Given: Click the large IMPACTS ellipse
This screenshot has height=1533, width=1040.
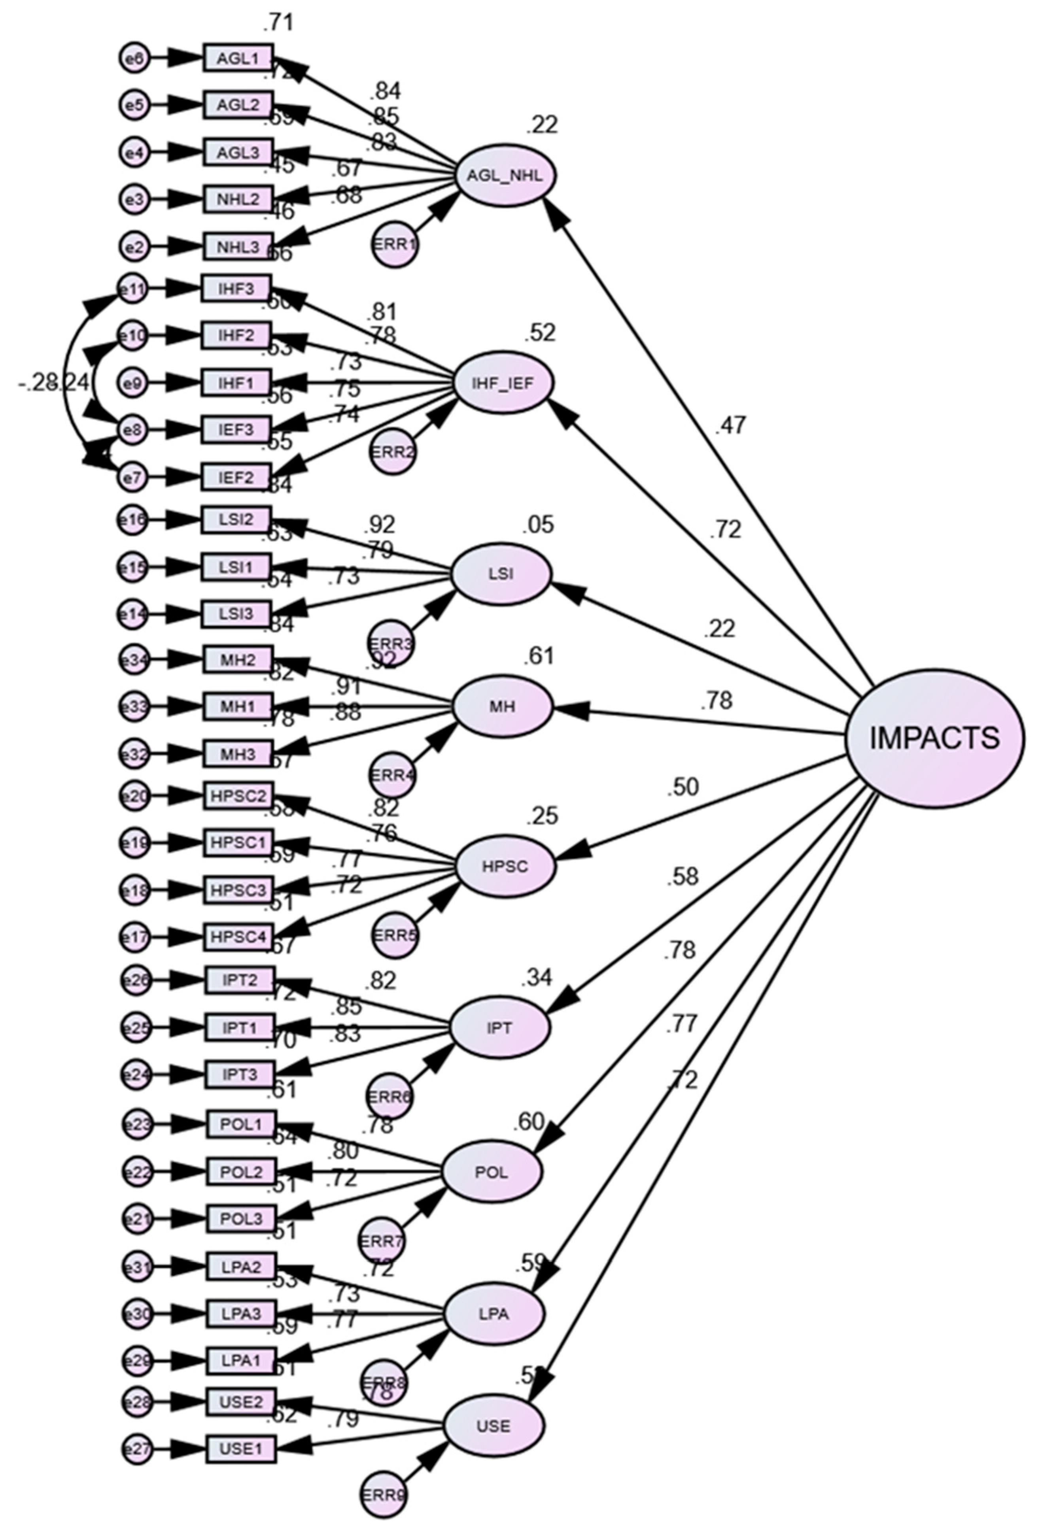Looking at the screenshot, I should pos(934,738).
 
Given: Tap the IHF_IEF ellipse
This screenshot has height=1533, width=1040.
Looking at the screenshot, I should pos(503,383).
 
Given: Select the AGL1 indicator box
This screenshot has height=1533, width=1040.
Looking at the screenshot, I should pos(238,58).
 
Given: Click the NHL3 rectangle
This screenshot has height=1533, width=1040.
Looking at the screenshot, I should pos(238,247).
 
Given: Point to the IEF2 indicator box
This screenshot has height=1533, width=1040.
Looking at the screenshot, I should pos(236,477).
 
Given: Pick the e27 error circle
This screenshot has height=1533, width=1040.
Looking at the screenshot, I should pos(137,1448).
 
